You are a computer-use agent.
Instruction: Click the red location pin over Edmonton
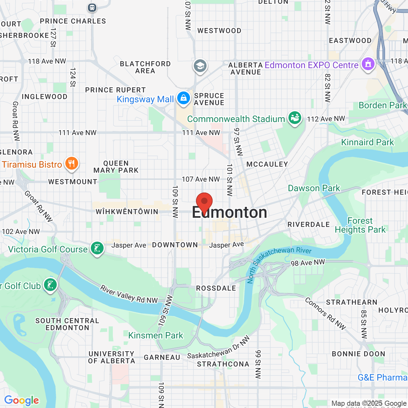tap(204, 202)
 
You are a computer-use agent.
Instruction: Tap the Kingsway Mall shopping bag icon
tap(184, 98)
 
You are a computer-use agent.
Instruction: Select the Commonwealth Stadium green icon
tap(295, 118)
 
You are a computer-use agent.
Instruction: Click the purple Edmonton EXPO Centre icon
tap(368, 64)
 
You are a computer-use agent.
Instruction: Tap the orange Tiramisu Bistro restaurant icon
tap(72, 164)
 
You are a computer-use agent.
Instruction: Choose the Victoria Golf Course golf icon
tap(97, 248)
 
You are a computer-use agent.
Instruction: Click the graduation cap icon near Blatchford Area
tap(200, 66)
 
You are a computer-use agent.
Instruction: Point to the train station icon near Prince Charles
tap(92, 7)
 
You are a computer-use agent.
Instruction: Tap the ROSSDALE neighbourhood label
tap(216, 288)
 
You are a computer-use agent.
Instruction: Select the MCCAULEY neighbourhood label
tap(267, 164)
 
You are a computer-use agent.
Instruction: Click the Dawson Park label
tap(314, 188)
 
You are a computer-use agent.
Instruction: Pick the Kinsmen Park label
tap(156, 335)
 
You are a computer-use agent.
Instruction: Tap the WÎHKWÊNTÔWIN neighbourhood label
tap(127, 212)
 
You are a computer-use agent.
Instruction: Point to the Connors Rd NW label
tap(325, 313)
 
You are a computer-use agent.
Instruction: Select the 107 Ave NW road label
tap(201, 179)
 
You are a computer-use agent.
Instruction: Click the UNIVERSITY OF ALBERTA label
tap(112, 357)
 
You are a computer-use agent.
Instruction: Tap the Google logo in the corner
tap(22, 400)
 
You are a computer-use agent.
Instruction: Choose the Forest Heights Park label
tap(360, 225)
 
